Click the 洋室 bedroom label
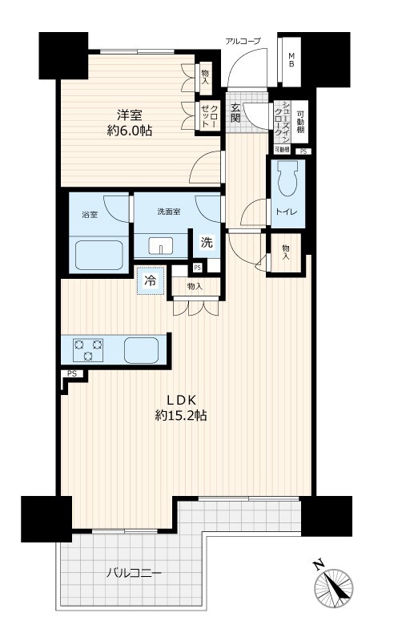130,115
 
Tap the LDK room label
182,399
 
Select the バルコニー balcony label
134,573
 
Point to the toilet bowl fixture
288,178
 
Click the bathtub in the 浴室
98,255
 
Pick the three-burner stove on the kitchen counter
88,350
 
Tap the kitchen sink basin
142,350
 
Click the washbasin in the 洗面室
161,246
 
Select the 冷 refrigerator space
151,281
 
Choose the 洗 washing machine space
207,243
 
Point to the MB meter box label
291,59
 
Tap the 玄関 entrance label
235,113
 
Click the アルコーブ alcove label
243,41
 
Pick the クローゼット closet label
210,115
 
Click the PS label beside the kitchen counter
72,373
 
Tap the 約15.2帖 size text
181,416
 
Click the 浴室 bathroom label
90,214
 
